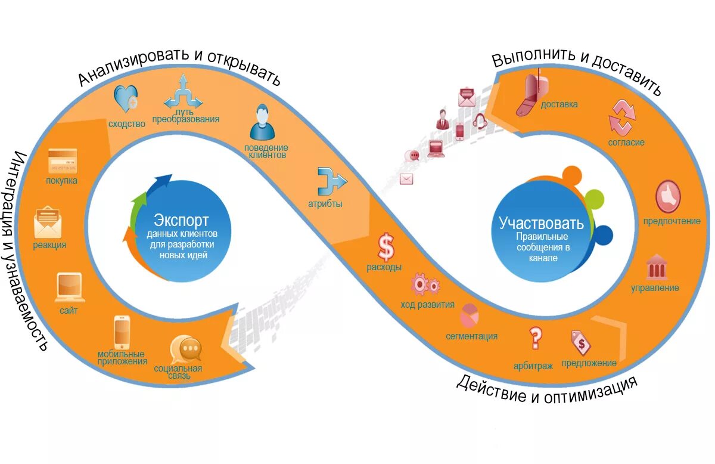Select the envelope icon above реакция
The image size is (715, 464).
coord(48,222)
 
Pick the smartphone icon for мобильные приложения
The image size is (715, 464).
coord(122,332)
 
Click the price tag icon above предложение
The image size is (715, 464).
coord(580,342)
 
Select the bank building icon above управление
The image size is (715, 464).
coord(656,268)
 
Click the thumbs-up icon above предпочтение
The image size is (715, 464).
coord(669,196)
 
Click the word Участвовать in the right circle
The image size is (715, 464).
coord(541,224)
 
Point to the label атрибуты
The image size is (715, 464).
coord(325,204)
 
